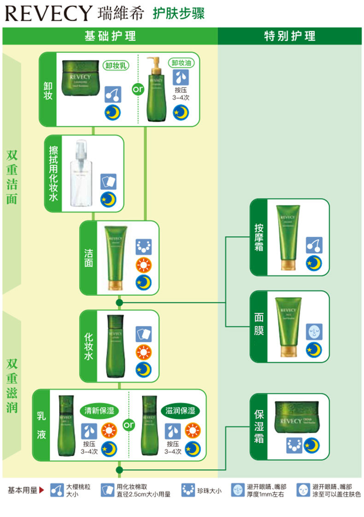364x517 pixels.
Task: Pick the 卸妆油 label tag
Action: click(x=181, y=63)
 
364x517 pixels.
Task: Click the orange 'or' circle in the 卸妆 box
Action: click(x=138, y=89)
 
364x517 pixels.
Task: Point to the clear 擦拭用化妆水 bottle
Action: click(x=82, y=175)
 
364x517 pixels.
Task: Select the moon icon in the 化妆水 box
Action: click(x=143, y=369)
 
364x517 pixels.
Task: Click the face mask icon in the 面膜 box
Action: click(x=314, y=332)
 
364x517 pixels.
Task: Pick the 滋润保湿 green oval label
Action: click(x=180, y=410)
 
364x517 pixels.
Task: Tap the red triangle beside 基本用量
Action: click(x=41, y=490)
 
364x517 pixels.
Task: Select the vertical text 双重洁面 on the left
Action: click(x=12, y=177)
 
